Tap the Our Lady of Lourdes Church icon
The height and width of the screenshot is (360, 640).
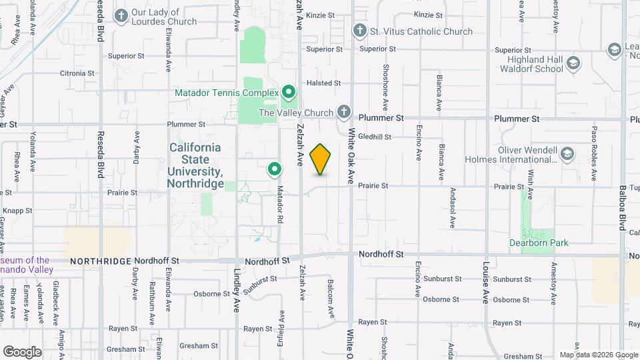coord(121,15)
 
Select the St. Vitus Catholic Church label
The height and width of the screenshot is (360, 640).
coord(421,31)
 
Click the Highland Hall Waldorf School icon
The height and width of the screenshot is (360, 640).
coord(573,64)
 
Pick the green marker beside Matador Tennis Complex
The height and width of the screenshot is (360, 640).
coord(289,91)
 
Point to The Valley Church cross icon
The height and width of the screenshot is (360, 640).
coord(343,111)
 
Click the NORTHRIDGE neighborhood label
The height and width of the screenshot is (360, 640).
coord(101,261)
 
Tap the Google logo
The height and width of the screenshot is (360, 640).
coord(22,351)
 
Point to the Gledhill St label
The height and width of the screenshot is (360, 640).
coord(374,137)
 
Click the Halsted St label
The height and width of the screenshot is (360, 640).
coord(323,83)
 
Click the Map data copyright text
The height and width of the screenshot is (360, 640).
coord(598,355)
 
